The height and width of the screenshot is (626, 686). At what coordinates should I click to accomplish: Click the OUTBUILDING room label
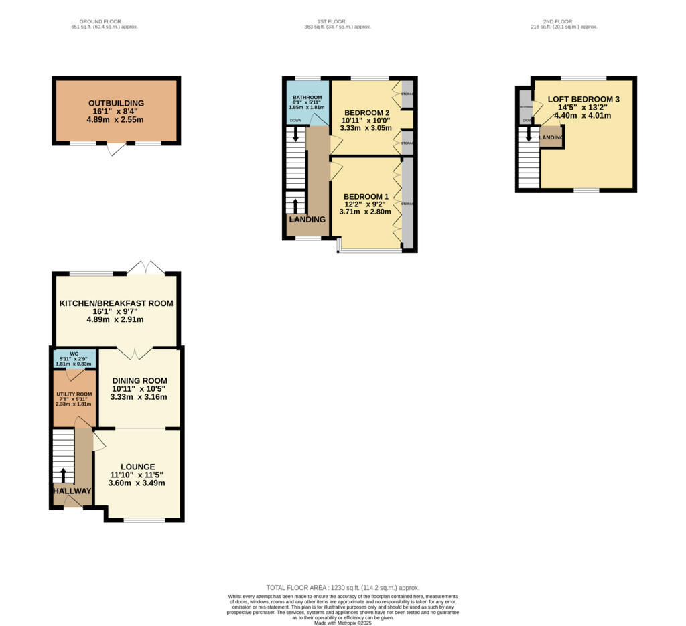(x=116, y=103)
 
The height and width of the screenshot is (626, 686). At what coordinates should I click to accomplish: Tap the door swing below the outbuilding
(x=116, y=149)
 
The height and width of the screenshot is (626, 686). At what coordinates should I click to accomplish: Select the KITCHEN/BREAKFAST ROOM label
(x=116, y=303)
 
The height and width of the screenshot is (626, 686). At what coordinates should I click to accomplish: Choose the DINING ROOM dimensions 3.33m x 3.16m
(x=139, y=397)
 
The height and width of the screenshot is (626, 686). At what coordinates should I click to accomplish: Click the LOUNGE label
(x=137, y=467)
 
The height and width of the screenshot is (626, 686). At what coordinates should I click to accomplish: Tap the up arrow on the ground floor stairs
(x=64, y=475)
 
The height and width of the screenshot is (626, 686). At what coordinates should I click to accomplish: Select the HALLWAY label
(x=72, y=491)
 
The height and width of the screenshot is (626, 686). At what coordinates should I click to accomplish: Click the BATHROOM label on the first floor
(x=307, y=97)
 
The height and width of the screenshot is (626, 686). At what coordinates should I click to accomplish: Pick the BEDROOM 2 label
(x=367, y=112)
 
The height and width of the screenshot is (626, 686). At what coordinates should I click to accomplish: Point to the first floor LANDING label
(x=307, y=220)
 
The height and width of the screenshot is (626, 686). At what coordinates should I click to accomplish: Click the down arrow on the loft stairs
(x=529, y=135)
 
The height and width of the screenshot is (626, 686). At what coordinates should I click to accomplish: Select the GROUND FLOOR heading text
(x=104, y=21)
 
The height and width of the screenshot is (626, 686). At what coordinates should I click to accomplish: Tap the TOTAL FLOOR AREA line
(x=342, y=586)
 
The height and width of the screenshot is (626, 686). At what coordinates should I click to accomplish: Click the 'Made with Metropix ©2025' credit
(x=342, y=623)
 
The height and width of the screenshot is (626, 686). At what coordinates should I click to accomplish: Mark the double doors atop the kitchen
(x=145, y=268)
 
